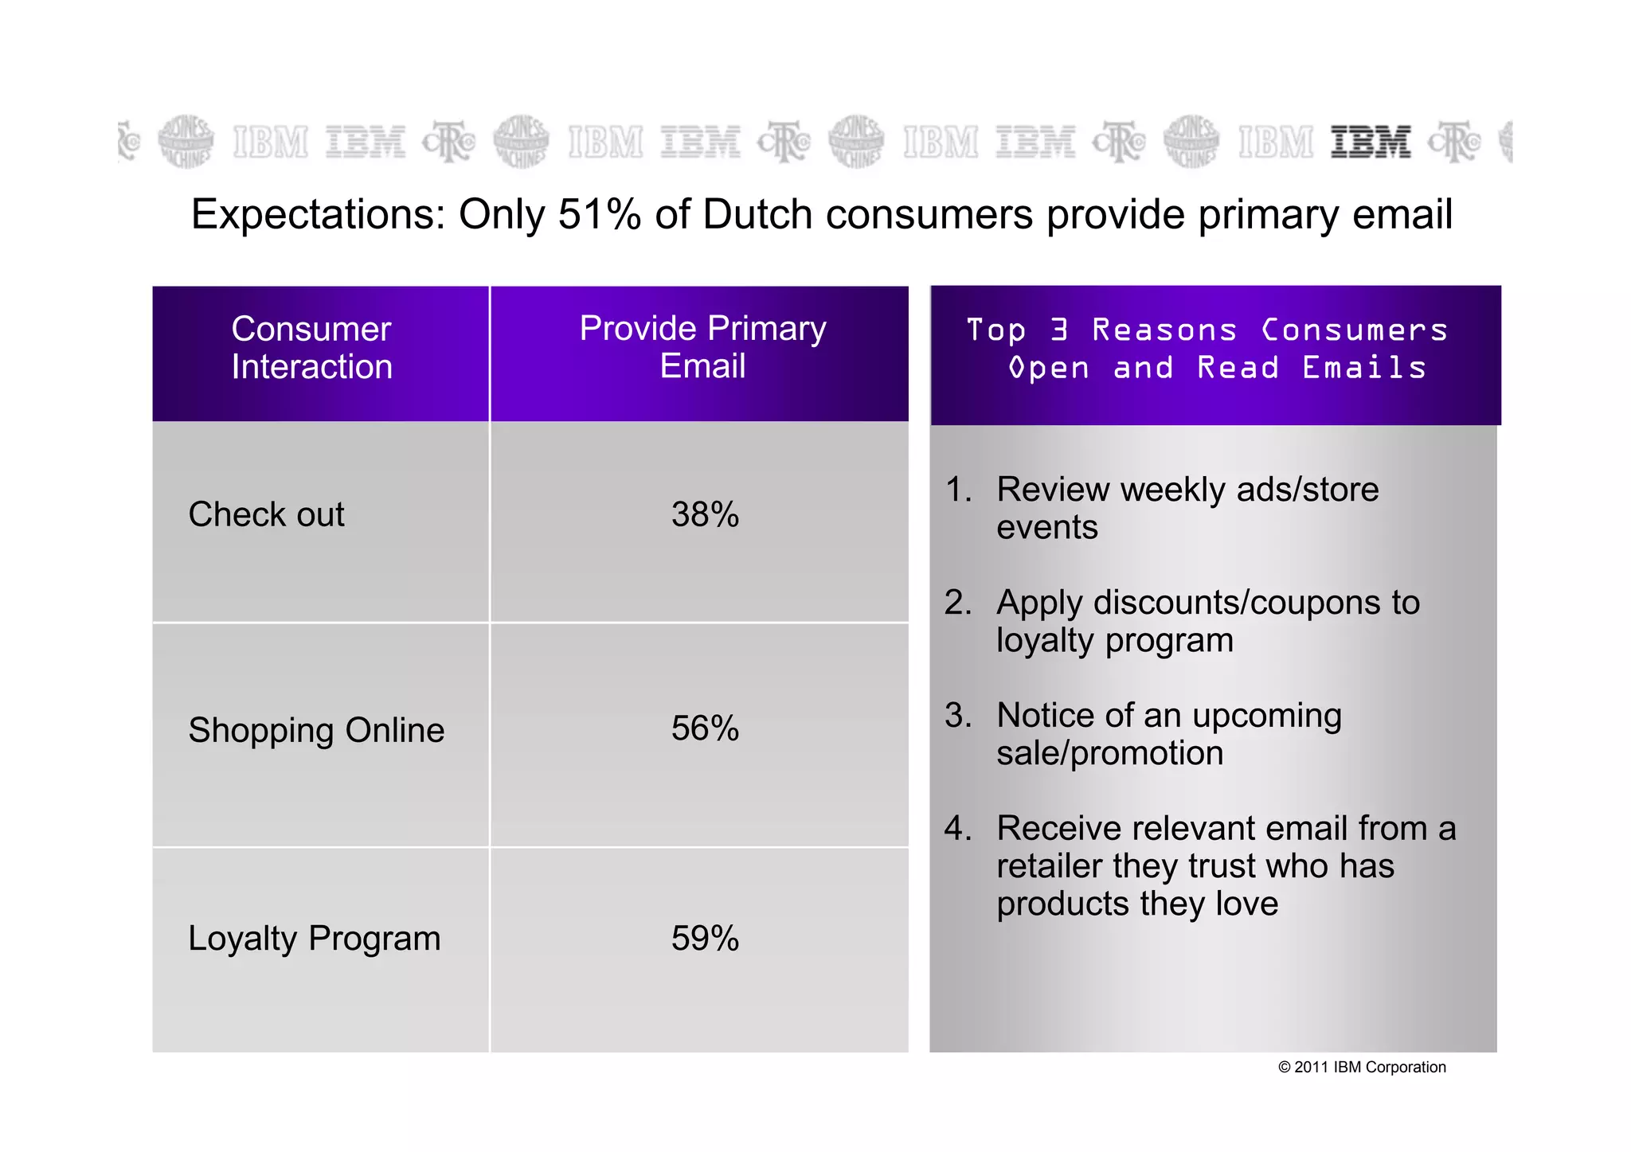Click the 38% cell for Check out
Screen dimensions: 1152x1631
(x=705, y=515)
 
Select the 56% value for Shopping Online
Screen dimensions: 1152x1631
(x=705, y=728)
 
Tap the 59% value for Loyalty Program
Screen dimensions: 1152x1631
(x=705, y=939)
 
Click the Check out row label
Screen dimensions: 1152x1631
(x=266, y=515)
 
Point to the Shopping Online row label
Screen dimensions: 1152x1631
(x=316, y=731)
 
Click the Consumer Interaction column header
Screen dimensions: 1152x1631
(x=311, y=348)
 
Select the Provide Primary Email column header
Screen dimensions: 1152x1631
(x=702, y=347)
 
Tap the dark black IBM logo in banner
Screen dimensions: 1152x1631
(x=1371, y=143)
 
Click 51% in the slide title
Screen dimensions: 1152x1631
(x=599, y=215)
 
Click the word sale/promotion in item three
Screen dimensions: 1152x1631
(x=1109, y=754)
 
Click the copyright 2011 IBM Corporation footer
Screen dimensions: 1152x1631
(x=1362, y=1068)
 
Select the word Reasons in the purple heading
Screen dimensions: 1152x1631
(x=1164, y=330)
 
